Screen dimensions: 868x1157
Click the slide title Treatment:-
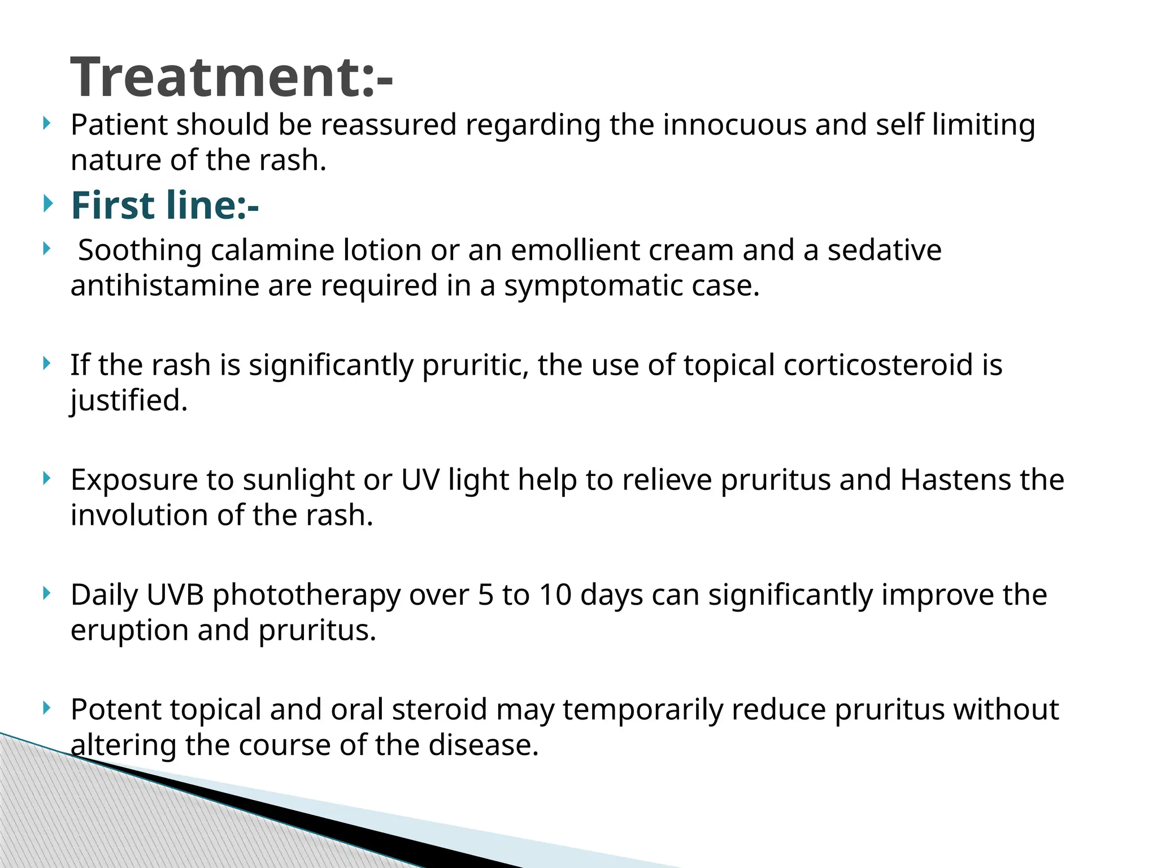click(x=232, y=77)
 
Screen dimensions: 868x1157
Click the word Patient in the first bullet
click(x=118, y=125)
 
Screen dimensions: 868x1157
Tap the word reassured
click(x=389, y=125)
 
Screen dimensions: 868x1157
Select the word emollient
click(x=575, y=250)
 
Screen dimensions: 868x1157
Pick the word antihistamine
click(x=164, y=286)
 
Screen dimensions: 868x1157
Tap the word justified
click(x=128, y=401)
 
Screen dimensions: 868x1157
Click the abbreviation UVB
click(x=175, y=595)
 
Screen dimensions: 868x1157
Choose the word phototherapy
click(x=306, y=595)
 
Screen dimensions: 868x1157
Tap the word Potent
click(x=116, y=710)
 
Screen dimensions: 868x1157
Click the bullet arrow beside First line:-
click(x=47, y=203)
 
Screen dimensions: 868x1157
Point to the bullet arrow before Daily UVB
click(x=47, y=593)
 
